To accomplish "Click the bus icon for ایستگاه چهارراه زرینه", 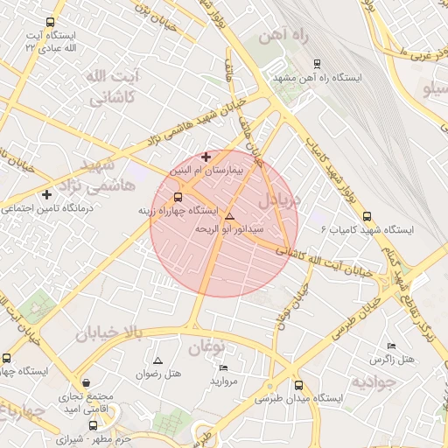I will (178, 198).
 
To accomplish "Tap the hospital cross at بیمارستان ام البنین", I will (206, 157).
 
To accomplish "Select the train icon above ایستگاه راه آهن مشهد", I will (317, 63).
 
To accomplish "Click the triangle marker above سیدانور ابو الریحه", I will (230, 216).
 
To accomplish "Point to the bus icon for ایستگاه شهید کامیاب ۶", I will (366, 216).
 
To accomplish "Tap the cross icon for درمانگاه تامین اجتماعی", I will (46, 194).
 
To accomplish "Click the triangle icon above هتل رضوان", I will (157, 360).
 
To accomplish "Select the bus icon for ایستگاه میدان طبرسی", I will (299, 385).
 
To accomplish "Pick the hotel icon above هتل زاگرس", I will (389, 346).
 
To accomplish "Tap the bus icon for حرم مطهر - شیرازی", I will (93, 425).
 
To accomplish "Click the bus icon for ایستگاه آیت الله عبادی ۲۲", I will (50, 23).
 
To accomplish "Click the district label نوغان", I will (207, 346).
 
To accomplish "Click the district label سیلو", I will (436, 89).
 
